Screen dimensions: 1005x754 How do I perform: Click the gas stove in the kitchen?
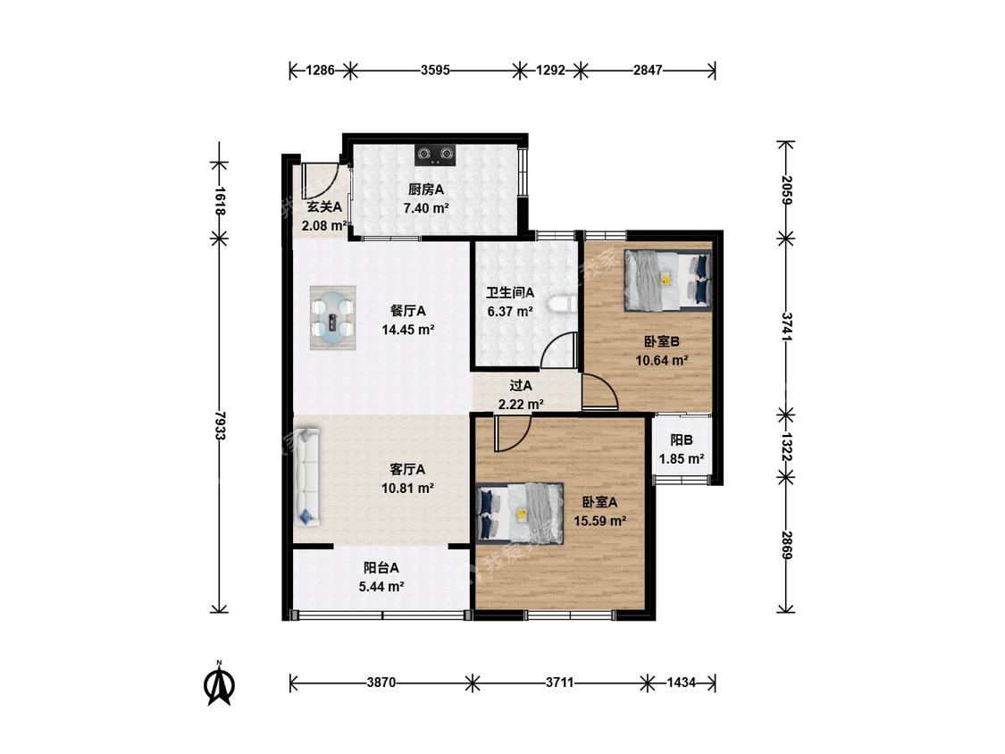[x=434, y=155]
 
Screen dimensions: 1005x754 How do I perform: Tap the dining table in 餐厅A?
[x=332, y=318]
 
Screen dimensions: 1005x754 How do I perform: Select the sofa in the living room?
[x=307, y=477]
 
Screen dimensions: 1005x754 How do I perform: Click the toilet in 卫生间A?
[x=564, y=304]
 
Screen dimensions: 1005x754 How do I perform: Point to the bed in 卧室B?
[x=668, y=281]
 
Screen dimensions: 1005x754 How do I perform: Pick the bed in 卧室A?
[x=521, y=513]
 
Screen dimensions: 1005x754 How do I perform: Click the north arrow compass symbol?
[x=219, y=684]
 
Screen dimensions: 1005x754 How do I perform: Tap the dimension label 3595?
[x=434, y=70]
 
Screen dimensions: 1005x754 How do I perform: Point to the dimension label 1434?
[x=681, y=683]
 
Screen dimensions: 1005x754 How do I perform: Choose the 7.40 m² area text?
[x=425, y=208]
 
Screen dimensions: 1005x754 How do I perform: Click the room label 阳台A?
[x=381, y=567]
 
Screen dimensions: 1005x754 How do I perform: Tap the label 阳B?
[x=682, y=440]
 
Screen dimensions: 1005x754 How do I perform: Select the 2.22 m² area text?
[x=521, y=405]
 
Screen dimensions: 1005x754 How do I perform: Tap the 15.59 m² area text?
[x=600, y=521]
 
